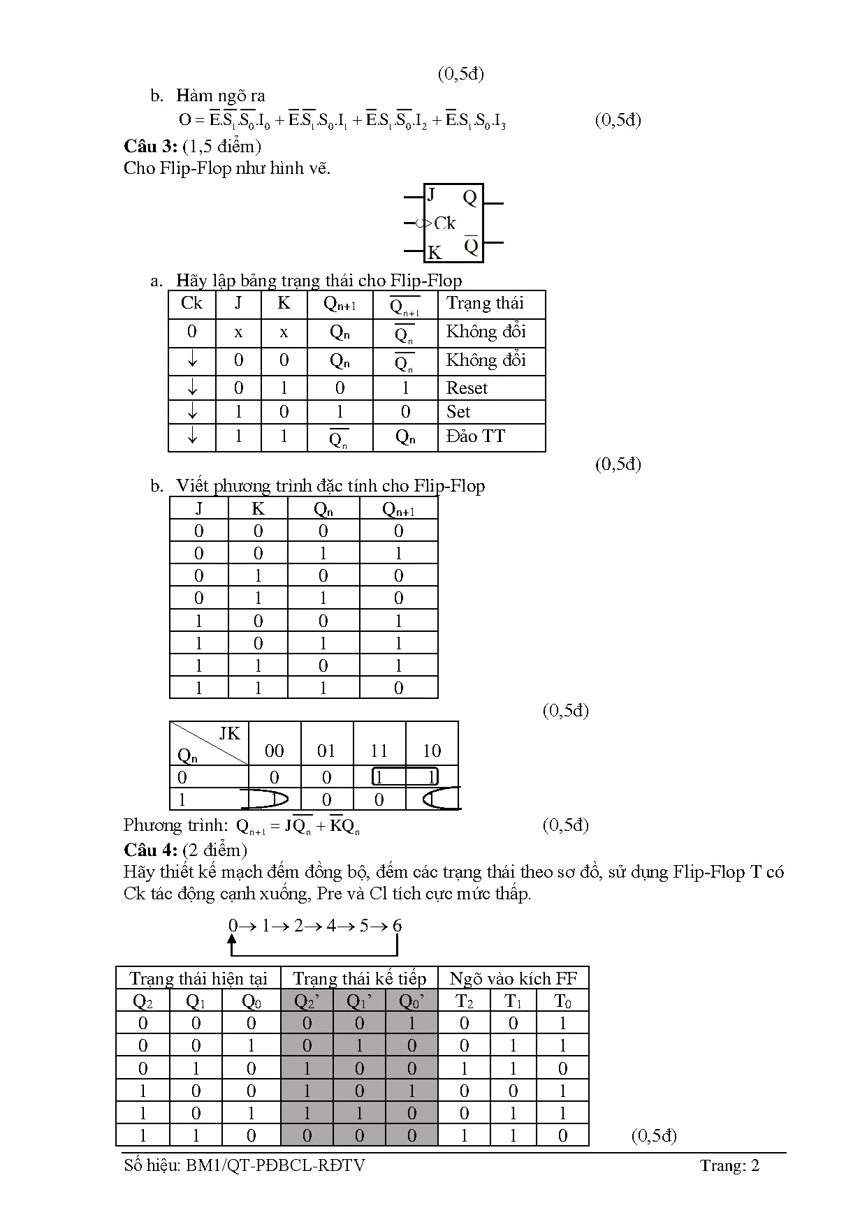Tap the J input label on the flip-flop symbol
432,195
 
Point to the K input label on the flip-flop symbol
435,252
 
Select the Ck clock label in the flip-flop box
444,223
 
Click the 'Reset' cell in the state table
467,388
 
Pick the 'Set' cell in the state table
458,412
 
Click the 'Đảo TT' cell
476,437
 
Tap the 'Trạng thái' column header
485,303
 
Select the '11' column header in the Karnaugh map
379,751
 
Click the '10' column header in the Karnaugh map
432,751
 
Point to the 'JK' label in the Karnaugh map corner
229,734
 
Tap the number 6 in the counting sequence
397,926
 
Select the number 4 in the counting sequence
331,926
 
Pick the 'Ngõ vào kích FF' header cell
513,978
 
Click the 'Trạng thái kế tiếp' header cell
359,978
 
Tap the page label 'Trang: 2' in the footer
729,1165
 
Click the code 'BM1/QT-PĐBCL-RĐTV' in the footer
275,1165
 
